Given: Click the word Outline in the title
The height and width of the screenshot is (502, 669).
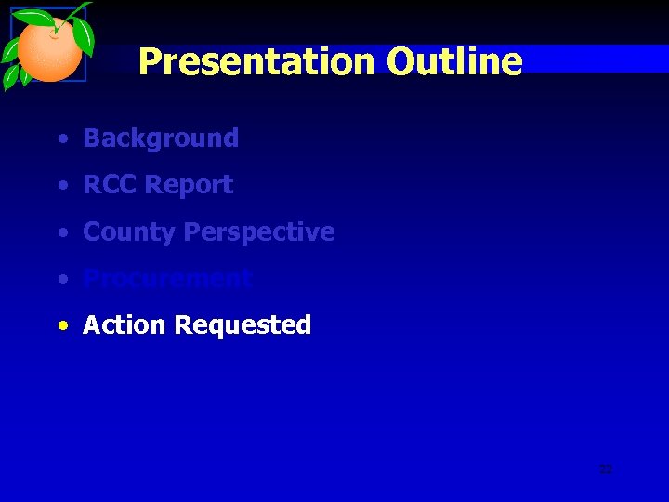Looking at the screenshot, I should coord(454,62).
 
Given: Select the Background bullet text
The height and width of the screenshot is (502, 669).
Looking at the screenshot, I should coord(161,139).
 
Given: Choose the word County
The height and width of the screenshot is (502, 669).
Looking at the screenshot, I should coord(129,231).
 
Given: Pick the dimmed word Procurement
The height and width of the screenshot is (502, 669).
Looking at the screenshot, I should coord(167,279).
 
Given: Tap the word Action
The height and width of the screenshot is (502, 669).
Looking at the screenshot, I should coord(125,325).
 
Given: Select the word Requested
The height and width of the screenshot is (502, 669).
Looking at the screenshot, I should coord(243,325).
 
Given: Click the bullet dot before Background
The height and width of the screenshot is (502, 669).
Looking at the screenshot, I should coord(61,139).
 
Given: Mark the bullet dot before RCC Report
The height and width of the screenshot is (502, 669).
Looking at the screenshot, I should coord(61,186).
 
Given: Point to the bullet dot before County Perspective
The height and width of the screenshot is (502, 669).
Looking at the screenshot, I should coord(61,232).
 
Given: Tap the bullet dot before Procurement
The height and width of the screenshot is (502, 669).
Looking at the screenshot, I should coord(61,279).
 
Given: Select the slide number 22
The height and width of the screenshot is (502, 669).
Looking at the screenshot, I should coord(606,469).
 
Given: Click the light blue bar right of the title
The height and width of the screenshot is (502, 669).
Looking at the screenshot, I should coord(595,58).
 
